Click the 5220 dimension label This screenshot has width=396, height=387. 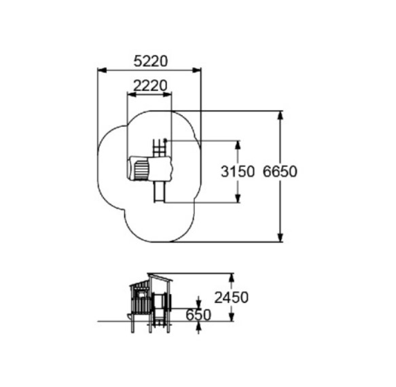point(151,61)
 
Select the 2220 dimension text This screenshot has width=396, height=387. point(150,86)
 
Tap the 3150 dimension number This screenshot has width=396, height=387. point(238,172)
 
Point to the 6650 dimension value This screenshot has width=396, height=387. point(280,172)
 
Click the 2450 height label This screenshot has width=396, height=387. point(232,297)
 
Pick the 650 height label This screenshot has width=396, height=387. point(198,315)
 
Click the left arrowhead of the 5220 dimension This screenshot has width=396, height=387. point(102,71)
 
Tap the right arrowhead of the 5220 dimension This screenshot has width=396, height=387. point(197,71)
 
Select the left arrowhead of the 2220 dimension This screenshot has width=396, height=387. point(132,94)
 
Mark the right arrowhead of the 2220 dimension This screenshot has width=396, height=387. point(167,94)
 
